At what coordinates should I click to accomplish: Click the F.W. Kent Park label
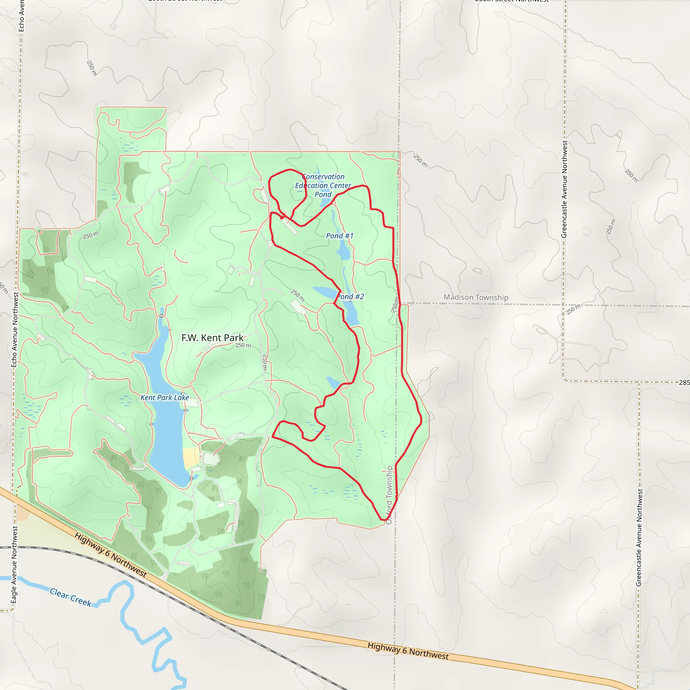(x=212, y=338)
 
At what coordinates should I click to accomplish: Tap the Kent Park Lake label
(x=164, y=398)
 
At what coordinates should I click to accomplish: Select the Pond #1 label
(x=339, y=236)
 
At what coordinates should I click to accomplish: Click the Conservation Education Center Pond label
(x=323, y=185)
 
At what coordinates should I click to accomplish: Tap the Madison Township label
(x=476, y=297)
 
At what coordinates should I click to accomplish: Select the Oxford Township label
(x=389, y=495)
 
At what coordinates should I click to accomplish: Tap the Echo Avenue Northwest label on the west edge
(x=14, y=329)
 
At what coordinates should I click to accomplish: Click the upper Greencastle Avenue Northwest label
(x=564, y=189)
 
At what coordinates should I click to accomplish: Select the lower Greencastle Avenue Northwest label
(x=639, y=537)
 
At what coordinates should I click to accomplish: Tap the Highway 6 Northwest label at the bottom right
(x=408, y=651)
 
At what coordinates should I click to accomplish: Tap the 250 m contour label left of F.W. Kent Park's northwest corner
(x=91, y=236)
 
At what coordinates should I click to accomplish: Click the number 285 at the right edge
(x=684, y=382)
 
